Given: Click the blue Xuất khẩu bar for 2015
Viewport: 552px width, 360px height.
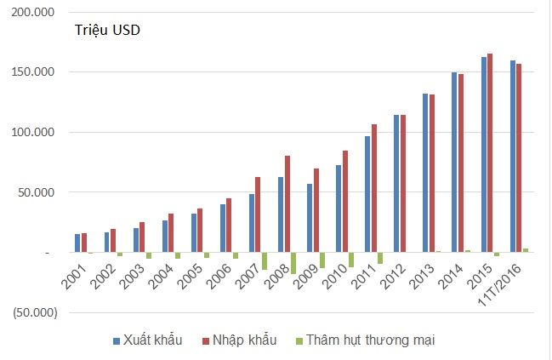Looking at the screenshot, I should coord(483,155).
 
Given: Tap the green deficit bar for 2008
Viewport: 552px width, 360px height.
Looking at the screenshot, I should coord(293,263).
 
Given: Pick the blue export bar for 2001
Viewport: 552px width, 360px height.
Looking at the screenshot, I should coord(77,243).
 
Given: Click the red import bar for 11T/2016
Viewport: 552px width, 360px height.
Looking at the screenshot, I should coord(519,158).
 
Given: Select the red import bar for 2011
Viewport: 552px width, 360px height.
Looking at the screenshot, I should coord(373,188).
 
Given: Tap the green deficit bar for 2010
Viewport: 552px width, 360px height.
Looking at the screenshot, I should coord(351,260).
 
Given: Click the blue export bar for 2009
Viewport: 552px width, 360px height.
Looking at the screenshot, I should coord(310,218).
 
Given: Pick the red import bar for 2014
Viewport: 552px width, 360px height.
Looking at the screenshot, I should coord(460,163).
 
